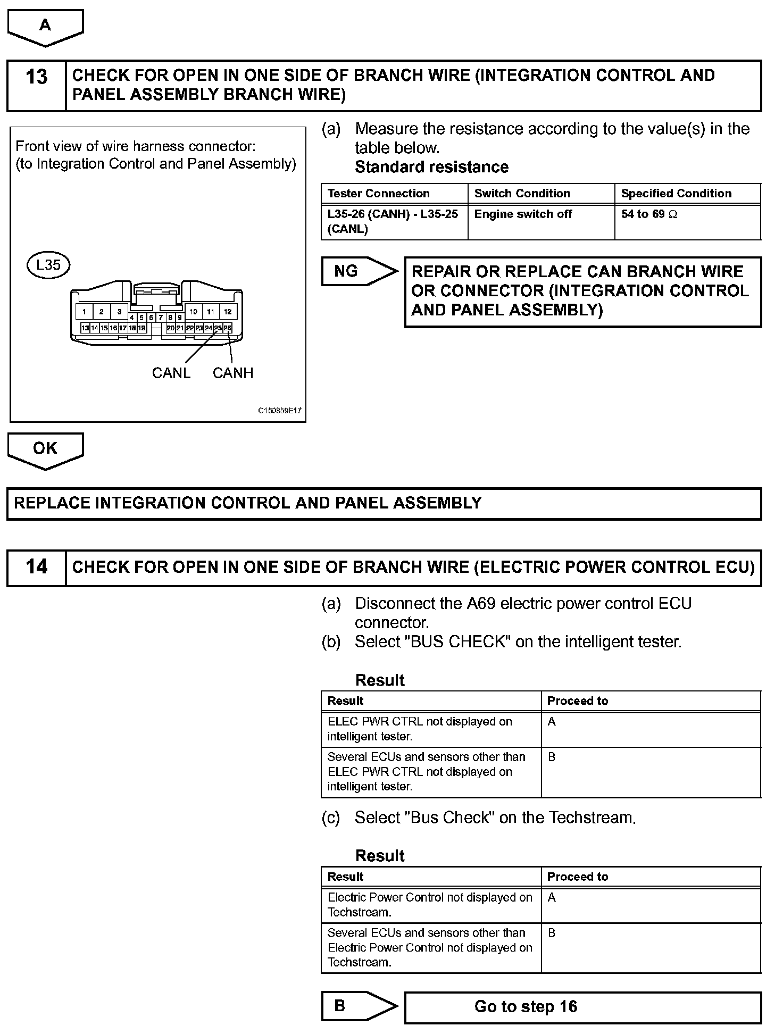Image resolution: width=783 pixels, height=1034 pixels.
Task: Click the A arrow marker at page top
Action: (x=45, y=26)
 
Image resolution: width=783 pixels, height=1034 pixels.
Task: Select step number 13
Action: (x=36, y=77)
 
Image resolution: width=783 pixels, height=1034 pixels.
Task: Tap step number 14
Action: (x=36, y=567)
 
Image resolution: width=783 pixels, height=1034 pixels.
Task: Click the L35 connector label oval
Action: (x=48, y=265)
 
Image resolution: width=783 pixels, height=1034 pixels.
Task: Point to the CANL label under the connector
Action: (x=171, y=373)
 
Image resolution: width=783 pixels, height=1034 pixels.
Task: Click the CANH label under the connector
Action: (x=233, y=373)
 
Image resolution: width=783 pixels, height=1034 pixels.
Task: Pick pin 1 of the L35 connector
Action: (x=84, y=312)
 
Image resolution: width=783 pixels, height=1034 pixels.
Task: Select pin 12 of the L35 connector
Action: (x=228, y=312)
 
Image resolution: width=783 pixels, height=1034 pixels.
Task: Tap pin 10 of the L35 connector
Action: (x=194, y=312)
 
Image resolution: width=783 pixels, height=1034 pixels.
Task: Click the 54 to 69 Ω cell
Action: (x=649, y=214)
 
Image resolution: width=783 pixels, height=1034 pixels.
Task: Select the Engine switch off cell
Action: (x=523, y=214)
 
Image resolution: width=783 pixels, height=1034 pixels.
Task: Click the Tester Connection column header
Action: (x=378, y=194)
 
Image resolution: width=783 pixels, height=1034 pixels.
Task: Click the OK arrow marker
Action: (x=45, y=449)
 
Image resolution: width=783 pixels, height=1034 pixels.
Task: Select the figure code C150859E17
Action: (x=280, y=411)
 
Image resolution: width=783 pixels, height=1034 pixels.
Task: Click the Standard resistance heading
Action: (x=431, y=167)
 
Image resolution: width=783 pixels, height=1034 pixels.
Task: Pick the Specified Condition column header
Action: (x=676, y=194)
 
